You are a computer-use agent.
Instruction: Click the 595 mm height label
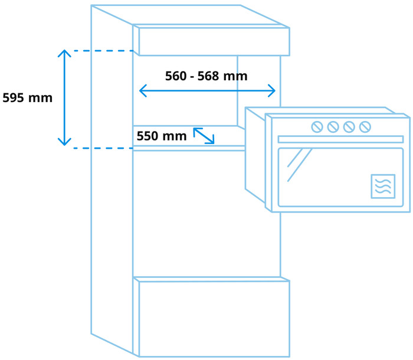coord(27,98)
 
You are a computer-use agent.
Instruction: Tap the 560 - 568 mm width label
coord(206,76)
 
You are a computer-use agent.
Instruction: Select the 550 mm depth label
coord(161,136)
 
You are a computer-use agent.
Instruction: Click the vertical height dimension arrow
coord(64,97)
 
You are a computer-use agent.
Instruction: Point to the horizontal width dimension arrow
coord(207,91)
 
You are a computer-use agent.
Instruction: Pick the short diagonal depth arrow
coord(204,135)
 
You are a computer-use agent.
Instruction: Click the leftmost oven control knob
coord(317,127)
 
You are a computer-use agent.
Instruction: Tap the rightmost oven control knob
coord(365,127)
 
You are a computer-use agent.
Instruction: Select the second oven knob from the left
coord(333,127)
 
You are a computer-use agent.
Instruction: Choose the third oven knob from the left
coord(349,127)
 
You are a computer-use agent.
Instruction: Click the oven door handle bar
coord(340,139)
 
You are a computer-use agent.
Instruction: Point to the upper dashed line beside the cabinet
coord(103,51)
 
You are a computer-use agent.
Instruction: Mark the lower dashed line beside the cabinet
coord(103,148)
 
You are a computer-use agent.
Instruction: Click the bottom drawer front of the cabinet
coord(214,318)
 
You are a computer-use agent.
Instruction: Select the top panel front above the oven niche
coord(214,41)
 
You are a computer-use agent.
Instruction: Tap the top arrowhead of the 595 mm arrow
coord(64,53)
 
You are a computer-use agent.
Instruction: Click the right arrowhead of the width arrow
coord(271,91)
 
